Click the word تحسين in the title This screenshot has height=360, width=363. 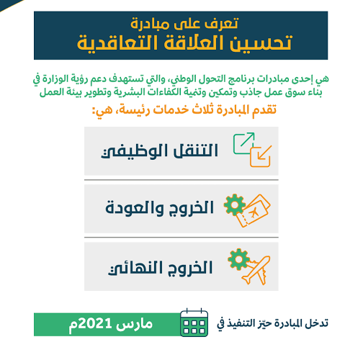point(261,42)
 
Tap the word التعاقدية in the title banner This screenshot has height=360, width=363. point(117,42)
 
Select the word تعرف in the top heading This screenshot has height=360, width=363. point(223,24)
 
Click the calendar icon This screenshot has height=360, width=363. point(194,323)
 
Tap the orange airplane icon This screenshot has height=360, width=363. point(256,271)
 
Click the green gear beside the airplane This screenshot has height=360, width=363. point(238,259)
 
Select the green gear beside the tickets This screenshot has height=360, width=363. point(235,205)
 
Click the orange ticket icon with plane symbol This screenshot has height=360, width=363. point(254,211)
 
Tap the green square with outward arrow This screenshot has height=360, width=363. point(243,143)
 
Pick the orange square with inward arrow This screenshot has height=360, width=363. point(261,156)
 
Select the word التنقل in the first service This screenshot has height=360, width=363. point(192,150)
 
